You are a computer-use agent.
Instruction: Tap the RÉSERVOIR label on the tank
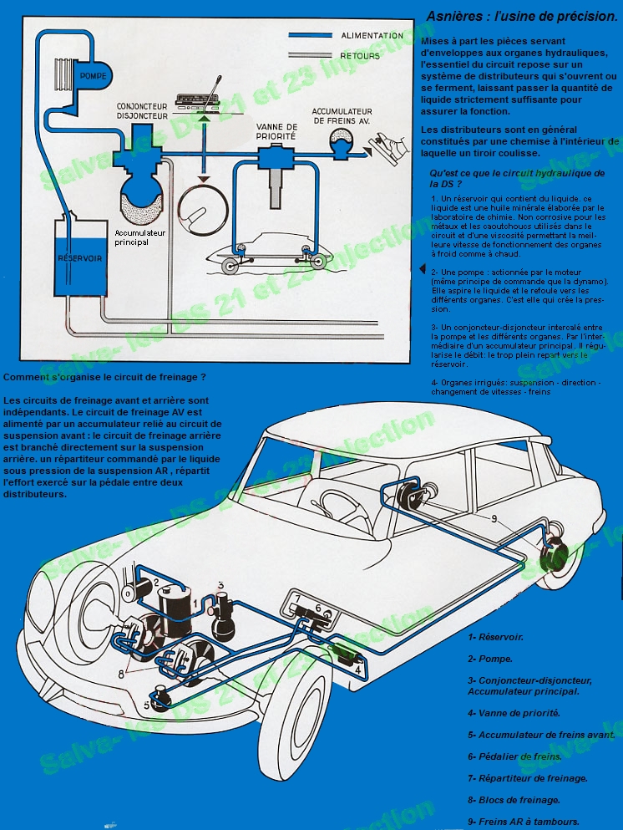80,258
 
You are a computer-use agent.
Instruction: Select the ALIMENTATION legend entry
372,36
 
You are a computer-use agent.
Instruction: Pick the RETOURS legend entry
361,56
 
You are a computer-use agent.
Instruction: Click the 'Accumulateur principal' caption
143,237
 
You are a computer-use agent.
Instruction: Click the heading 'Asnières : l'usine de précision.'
522,16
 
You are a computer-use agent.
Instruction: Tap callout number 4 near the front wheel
357,669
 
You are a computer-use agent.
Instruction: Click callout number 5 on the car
148,706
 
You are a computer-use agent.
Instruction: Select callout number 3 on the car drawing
220,586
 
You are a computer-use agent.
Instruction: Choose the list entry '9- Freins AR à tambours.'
524,821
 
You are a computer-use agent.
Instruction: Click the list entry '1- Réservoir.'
496,637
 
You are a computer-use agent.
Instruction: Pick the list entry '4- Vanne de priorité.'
514,713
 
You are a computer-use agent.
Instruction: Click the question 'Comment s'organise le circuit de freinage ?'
104,377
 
